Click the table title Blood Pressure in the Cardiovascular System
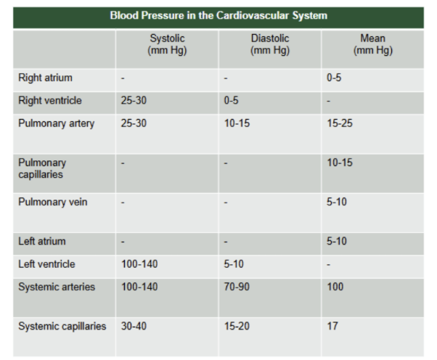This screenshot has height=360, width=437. (x=218, y=15)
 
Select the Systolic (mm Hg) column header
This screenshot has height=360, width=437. (x=167, y=44)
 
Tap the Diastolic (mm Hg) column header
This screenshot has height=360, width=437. (x=270, y=44)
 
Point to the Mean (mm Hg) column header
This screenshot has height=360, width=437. (x=373, y=44)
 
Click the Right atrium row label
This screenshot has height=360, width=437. (x=45, y=78)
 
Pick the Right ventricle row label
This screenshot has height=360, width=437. (x=50, y=101)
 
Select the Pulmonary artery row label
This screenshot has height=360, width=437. (x=57, y=123)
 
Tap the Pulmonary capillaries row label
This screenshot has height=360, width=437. (x=42, y=168)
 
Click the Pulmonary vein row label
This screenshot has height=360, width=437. (x=53, y=202)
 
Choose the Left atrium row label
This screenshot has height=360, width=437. (x=42, y=241)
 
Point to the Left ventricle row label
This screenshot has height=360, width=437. (x=46, y=264)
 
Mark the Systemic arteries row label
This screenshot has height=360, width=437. (x=57, y=287)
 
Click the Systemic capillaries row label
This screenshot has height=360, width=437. (x=62, y=327)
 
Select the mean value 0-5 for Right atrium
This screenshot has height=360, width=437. (x=334, y=78)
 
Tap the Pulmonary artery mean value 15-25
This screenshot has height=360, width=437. (x=340, y=123)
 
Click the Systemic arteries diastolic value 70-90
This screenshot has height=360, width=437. (x=237, y=287)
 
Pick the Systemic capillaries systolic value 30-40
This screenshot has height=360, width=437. (x=134, y=327)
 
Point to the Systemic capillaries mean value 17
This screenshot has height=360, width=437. (x=332, y=327)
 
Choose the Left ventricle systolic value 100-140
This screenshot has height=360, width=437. (x=139, y=264)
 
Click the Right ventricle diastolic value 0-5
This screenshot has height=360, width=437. (x=231, y=101)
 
